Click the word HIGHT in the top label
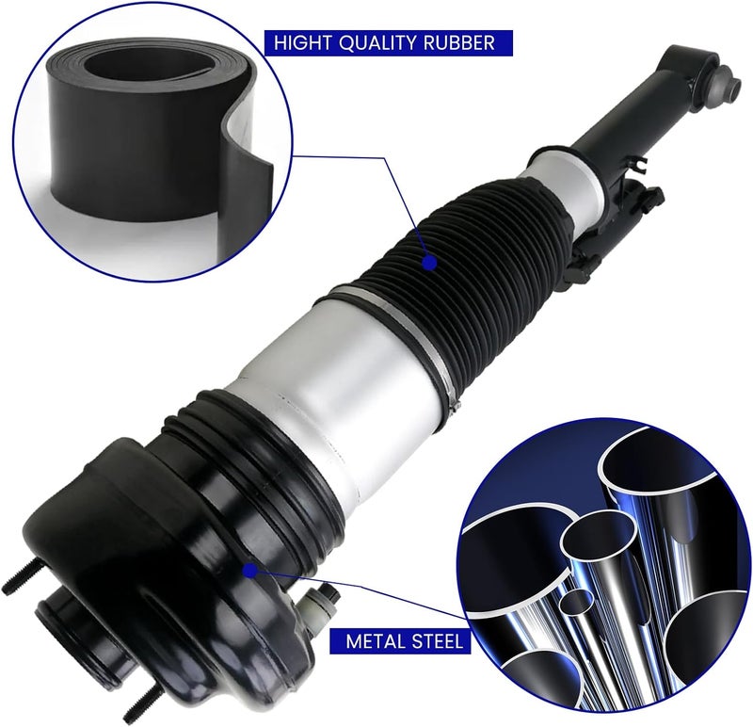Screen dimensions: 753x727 (x=302, y=42)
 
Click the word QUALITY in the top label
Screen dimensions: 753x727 (x=378, y=42)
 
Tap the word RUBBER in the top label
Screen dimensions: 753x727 (x=459, y=42)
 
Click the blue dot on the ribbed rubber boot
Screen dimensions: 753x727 (x=429, y=263)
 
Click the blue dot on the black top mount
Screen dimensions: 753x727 (x=249, y=571)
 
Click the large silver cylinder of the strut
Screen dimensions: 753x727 (x=336, y=394)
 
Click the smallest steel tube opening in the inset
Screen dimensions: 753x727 (x=578, y=602)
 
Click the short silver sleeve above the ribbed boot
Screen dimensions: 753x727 (x=567, y=183)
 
